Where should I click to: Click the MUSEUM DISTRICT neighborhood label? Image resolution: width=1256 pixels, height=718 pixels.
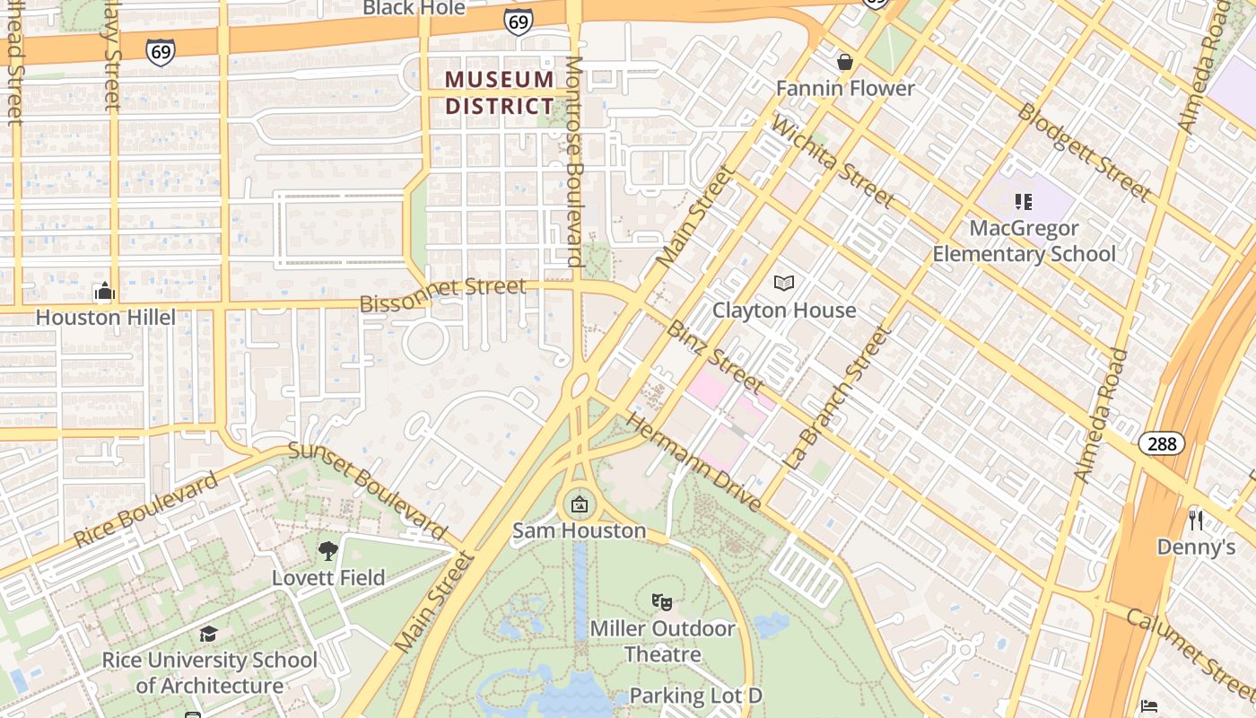[500, 92]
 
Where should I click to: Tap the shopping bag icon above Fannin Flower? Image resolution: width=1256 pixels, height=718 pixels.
[844, 62]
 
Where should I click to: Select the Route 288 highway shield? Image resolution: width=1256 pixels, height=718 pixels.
[1162, 442]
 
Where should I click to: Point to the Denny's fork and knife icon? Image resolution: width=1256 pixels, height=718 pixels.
[1195, 520]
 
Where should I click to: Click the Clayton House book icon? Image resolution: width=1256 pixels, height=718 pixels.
[784, 284]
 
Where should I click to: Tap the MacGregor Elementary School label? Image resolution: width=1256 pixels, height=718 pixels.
[1024, 241]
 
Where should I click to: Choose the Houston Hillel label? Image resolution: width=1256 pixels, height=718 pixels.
[105, 317]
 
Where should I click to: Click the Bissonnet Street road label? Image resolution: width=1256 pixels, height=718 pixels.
[442, 295]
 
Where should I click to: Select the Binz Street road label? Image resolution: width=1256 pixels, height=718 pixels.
[714, 357]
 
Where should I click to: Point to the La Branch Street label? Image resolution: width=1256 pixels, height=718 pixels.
[838, 398]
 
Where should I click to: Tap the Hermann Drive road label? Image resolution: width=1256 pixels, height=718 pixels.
[693, 461]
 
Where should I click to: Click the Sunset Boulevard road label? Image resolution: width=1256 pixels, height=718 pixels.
[368, 492]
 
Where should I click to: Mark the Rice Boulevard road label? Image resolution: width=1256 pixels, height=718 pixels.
[145, 510]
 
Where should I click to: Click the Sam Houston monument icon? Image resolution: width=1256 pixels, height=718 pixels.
[580, 504]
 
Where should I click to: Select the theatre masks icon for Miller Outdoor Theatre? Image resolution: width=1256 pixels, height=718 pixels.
[662, 601]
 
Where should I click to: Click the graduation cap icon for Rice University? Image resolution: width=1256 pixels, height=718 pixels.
[208, 635]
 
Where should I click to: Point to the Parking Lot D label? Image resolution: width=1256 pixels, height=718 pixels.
[695, 696]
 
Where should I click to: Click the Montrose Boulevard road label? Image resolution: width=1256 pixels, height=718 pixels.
[574, 162]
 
